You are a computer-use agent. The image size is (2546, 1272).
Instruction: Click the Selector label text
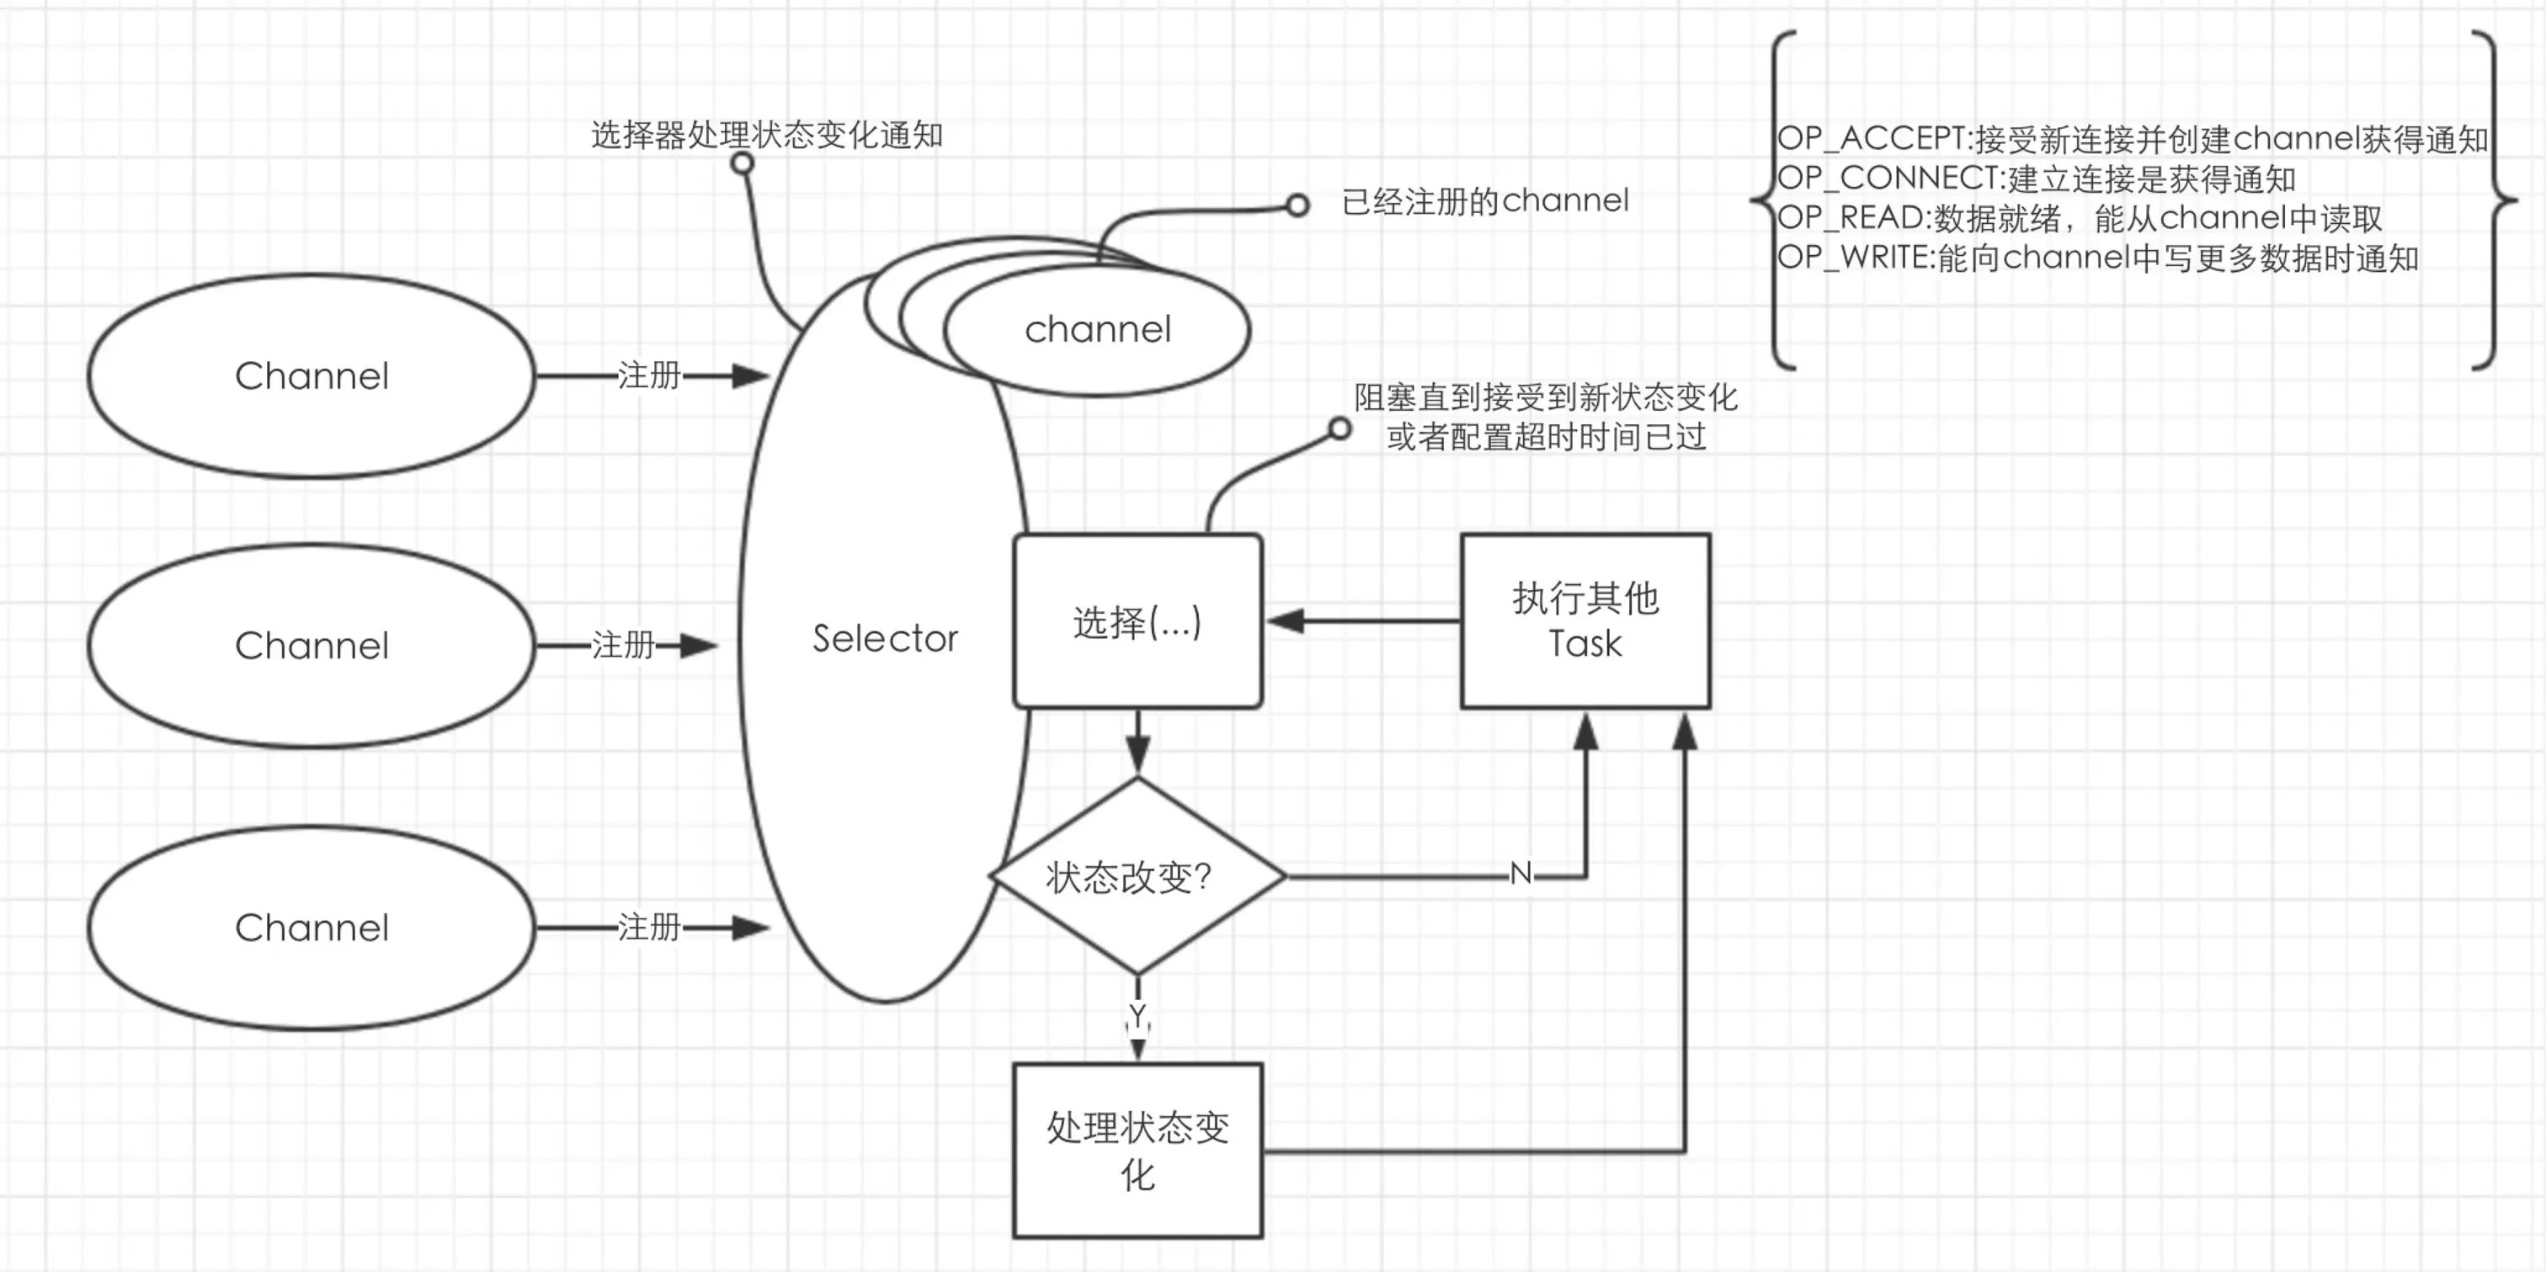[x=885, y=638]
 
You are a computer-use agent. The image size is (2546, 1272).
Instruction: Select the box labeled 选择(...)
[x=1137, y=620]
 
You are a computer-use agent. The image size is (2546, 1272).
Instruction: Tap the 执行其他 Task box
[x=1585, y=620]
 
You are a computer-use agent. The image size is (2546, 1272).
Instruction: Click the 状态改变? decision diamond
[x=1137, y=875]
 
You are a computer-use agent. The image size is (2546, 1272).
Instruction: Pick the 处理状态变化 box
[x=1137, y=1151]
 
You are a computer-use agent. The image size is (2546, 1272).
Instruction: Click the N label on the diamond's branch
[x=1520, y=874]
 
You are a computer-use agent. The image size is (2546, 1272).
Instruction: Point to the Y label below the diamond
[x=1137, y=1015]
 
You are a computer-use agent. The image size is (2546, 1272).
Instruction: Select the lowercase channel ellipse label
[x=1097, y=329]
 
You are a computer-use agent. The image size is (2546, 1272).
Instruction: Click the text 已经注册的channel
[x=1484, y=200]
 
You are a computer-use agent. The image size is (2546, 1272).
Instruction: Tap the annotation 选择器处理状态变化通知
[x=767, y=135]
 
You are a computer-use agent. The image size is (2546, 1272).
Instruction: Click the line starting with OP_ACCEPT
[x=2132, y=138]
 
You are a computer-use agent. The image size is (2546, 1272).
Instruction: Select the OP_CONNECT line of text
[x=2036, y=178]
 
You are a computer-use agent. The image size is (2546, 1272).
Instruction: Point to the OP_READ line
[x=2080, y=217]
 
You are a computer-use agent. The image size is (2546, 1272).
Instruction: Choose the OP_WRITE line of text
[x=2097, y=258]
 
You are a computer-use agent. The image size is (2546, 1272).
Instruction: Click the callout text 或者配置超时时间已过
[x=1546, y=436]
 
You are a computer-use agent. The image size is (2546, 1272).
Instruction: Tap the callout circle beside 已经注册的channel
[x=1297, y=205]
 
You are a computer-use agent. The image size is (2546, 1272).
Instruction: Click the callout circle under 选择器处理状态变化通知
[x=743, y=163]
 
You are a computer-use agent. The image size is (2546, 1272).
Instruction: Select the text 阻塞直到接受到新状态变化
[x=1546, y=397]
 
